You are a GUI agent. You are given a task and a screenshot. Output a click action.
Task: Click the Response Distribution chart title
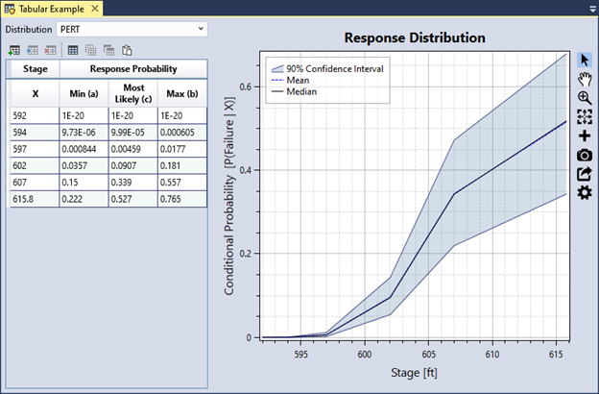pyautogui.click(x=415, y=37)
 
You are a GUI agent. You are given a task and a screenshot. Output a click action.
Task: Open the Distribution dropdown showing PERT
pyautogui.click(x=132, y=29)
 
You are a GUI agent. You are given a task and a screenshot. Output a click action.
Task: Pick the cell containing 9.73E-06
pyautogui.click(x=81, y=132)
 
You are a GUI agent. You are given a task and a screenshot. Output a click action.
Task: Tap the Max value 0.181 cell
pyautogui.click(x=180, y=165)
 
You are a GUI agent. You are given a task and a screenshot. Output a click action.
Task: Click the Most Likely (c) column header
pyautogui.click(x=132, y=94)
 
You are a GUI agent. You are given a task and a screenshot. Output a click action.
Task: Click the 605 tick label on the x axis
pyautogui.click(x=428, y=355)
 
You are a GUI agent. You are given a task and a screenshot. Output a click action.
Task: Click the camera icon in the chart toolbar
pyautogui.click(x=585, y=155)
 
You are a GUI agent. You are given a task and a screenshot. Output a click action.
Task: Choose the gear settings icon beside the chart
pyautogui.click(x=585, y=193)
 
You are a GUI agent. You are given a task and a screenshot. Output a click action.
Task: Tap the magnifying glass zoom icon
pyautogui.click(x=585, y=98)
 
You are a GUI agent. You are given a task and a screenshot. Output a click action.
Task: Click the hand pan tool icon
pyautogui.click(x=585, y=79)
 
